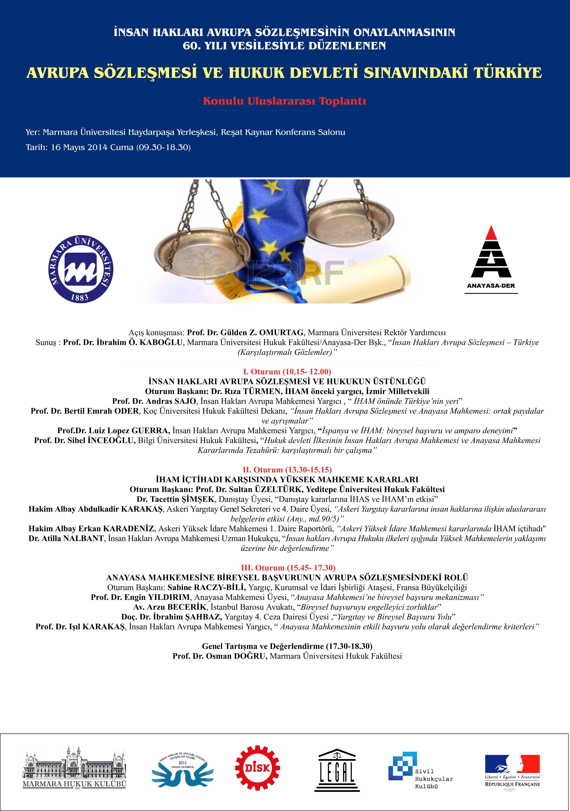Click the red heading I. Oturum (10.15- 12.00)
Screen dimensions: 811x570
287,372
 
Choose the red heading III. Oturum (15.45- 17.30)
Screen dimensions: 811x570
288,568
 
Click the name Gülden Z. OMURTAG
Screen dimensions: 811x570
262,332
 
